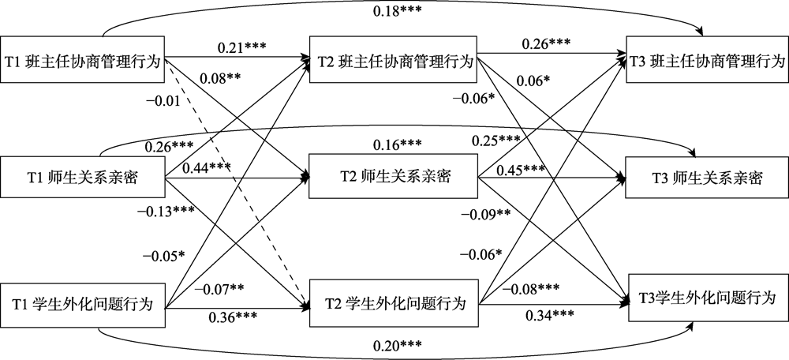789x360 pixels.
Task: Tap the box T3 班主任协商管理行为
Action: (707, 60)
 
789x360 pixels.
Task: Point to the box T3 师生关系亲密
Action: (707, 178)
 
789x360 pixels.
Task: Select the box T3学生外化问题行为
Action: (707, 298)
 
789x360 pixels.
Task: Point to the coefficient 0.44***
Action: (207, 168)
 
